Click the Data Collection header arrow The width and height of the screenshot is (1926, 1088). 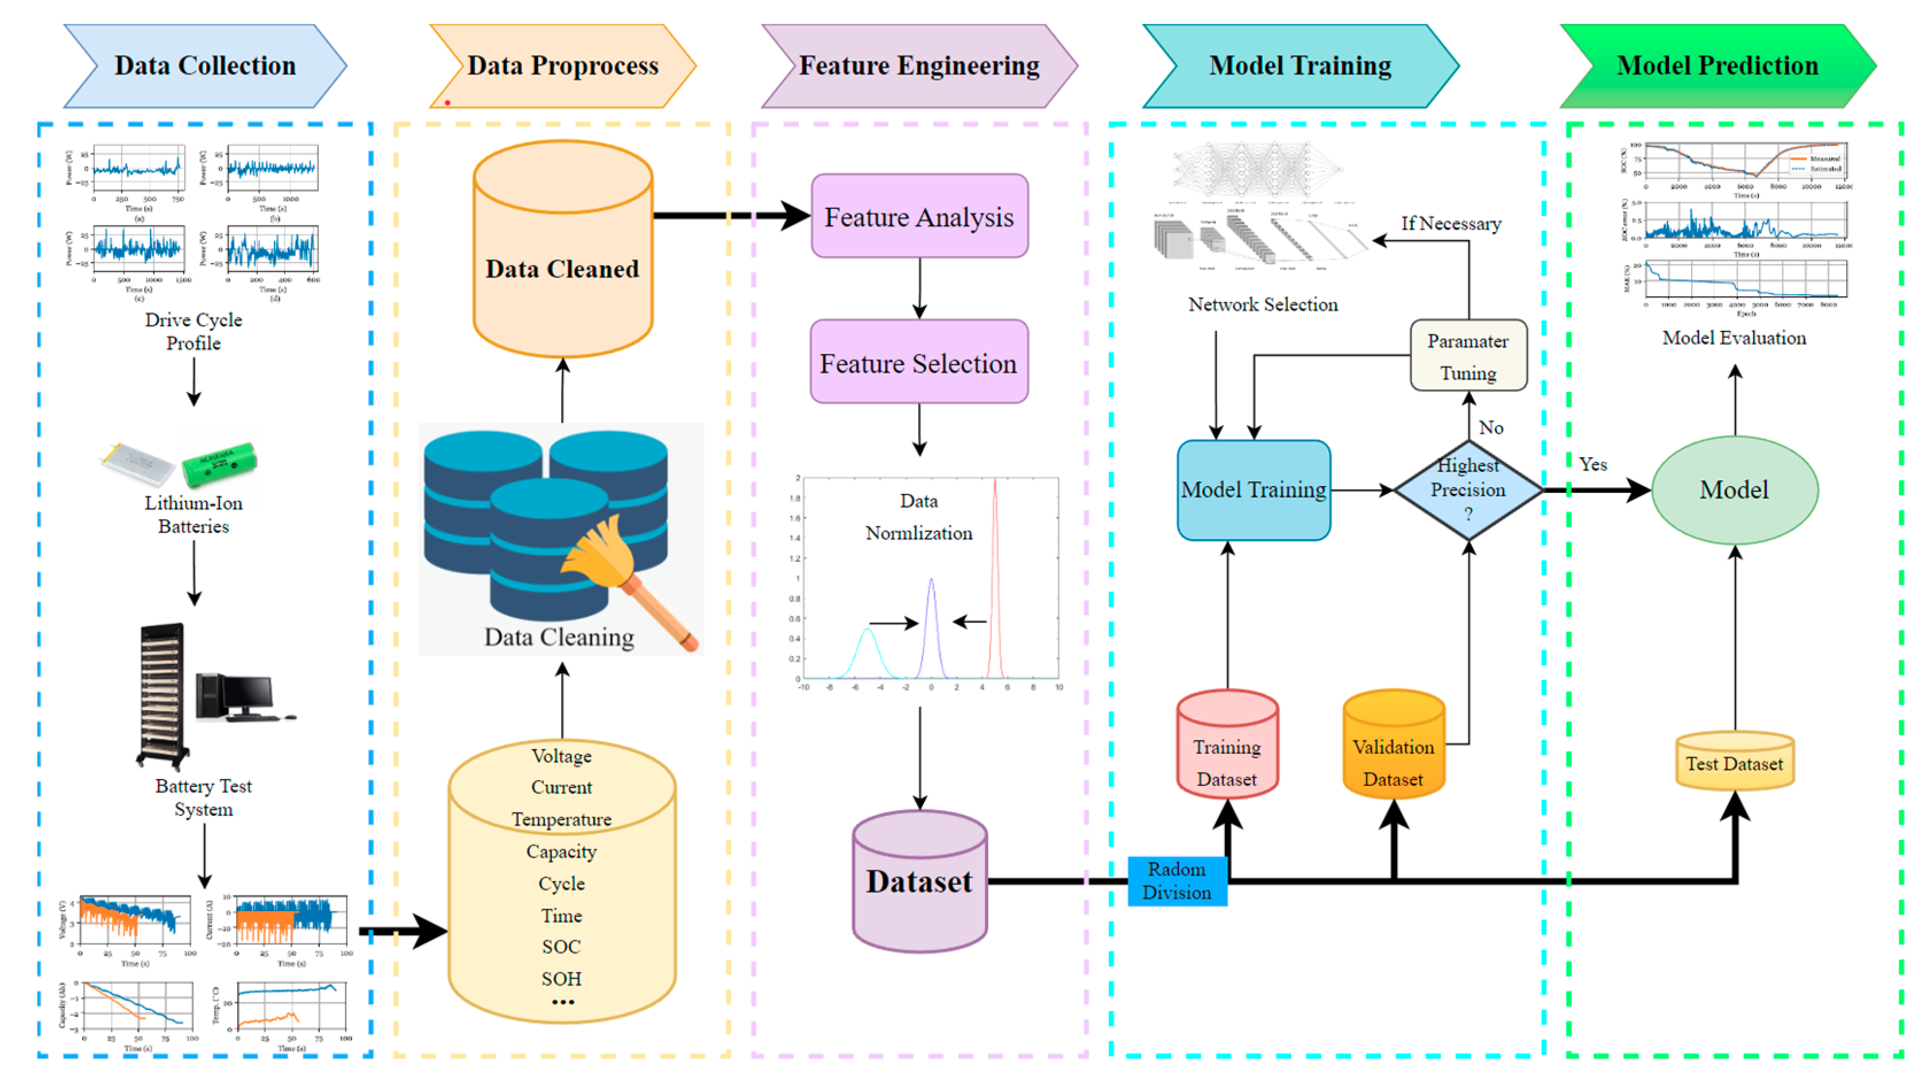[205, 66]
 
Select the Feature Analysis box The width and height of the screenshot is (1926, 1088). [919, 217]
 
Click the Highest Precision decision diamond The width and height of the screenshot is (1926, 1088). [1468, 490]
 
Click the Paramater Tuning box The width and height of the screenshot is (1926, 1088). [1468, 356]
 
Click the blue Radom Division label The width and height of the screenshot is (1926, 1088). [1177, 881]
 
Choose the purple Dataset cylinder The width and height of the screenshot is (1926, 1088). [919, 882]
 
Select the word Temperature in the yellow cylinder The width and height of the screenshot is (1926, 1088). [562, 820]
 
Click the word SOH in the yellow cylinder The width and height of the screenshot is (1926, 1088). [562, 979]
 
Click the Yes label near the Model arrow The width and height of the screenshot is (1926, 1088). [1592, 464]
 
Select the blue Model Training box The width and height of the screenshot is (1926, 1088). [1253, 490]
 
